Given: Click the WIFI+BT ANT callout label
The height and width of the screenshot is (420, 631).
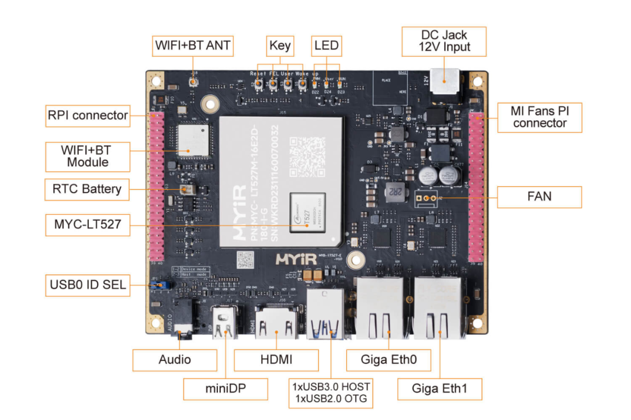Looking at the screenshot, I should (193, 45).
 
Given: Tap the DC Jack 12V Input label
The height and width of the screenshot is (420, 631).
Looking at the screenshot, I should (444, 41).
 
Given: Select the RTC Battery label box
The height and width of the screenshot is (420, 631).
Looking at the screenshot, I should (86, 189).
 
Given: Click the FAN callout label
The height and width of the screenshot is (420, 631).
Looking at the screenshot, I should (539, 197).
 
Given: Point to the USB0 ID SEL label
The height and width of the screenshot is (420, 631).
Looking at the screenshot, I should (88, 286).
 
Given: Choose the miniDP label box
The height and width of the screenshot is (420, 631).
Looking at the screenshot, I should (225, 388).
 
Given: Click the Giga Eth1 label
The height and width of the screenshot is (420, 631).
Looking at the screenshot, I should (439, 388).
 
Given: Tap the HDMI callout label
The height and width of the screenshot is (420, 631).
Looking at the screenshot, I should (276, 360).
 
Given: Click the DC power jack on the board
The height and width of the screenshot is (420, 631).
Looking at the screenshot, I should (445, 82).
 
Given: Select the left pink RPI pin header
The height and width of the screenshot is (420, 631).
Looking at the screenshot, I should (158, 187).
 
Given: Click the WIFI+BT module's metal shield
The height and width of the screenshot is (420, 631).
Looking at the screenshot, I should (192, 140).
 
